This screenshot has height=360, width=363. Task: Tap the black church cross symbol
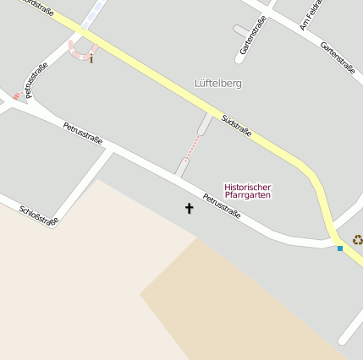coord(189,207)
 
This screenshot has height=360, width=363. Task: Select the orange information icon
coord(91,58)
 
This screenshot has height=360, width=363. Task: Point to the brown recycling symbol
coord(357,240)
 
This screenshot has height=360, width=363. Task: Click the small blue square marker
coord(340,248)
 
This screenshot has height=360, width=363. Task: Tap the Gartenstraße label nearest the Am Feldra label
coord(337,57)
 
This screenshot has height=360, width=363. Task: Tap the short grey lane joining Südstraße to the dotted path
coord(205,124)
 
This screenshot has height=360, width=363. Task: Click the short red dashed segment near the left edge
coord(18,96)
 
